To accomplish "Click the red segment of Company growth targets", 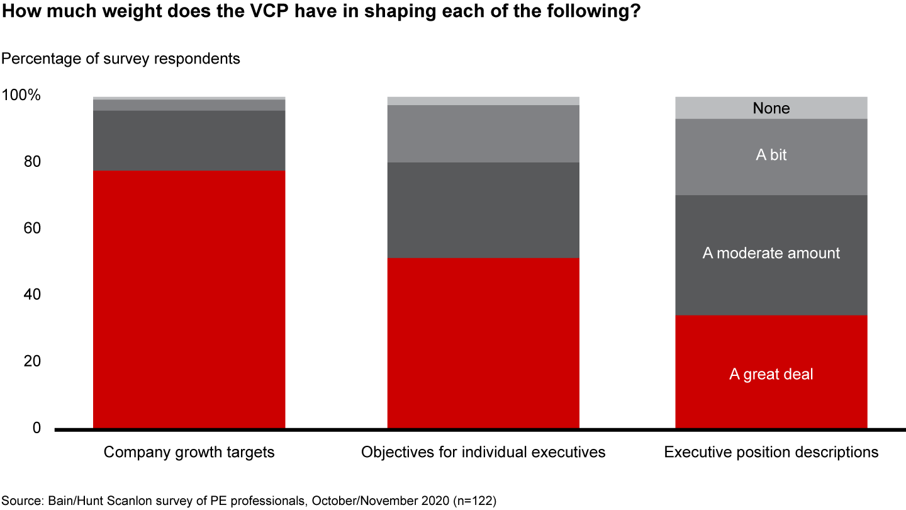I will click(x=189, y=299).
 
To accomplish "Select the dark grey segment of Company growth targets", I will click(x=189, y=140).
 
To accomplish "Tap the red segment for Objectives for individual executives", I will click(x=483, y=343).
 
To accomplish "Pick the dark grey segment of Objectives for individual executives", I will click(x=483, y=210).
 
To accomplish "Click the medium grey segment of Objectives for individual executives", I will click(x=483, y=133).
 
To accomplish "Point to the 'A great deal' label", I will click(x=771, y=374).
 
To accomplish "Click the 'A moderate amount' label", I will click(x=771, y=253).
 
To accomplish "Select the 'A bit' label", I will click(x=771, y=155).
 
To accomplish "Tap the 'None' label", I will click(x=771, y=108).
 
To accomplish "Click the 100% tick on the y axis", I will click(x=22, y=96).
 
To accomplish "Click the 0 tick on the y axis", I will click(x=36, y=428).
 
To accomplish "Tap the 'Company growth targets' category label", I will click(x=189, y=452).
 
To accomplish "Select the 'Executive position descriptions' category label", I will click(x=771, y=452).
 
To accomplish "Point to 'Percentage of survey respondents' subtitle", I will click(x=121, y=59).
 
